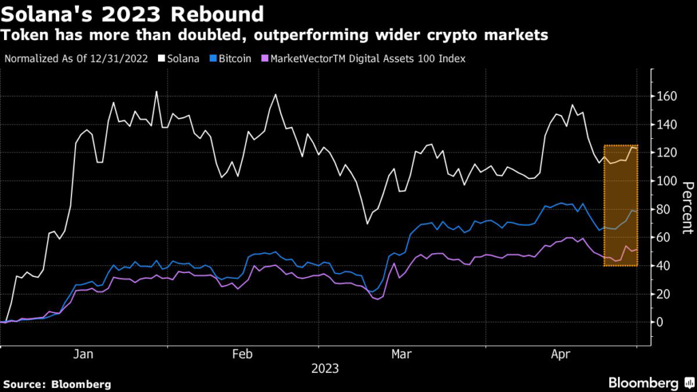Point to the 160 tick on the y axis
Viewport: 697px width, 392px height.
click(666, 97)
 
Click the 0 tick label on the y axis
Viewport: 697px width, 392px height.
click(660, 322)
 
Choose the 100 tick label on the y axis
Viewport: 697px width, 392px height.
click(666, 181)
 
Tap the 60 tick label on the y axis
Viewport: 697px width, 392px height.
click(663, 238)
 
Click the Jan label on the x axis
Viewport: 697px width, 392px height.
click(83, 354)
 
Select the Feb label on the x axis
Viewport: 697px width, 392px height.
click(243, 354)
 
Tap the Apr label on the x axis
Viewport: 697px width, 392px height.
click(560, 354)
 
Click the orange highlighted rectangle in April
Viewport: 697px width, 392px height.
click(621, 204)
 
